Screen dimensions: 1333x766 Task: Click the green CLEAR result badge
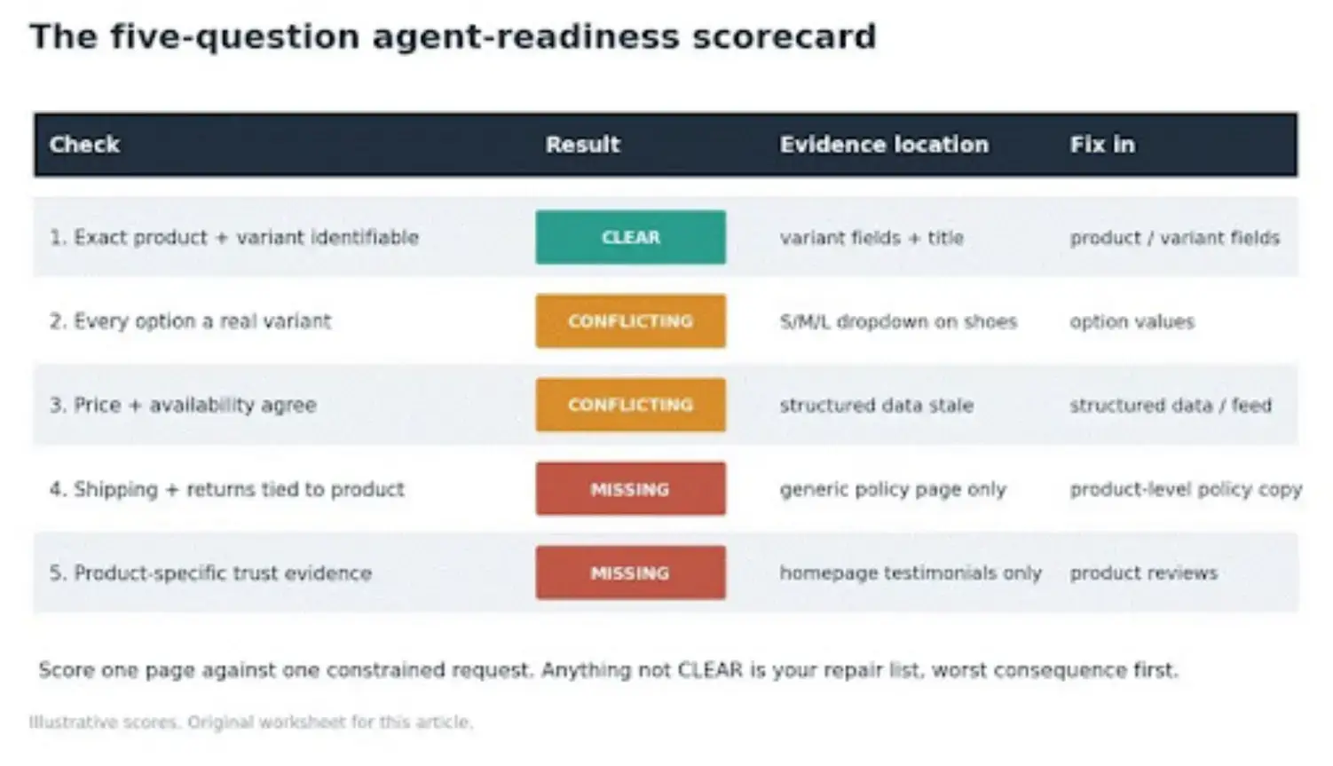pyautogui.click(x=630, y=237)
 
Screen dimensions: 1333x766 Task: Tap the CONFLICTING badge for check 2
pyautogui.click(x=630, y=320)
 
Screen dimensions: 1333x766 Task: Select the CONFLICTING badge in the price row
pyautogui.click(x=630, y=405)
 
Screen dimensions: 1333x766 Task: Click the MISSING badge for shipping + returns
pyautogui.click(x=630, y=489)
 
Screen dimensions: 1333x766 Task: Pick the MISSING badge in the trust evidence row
pyautogui.click(x=630, y=573)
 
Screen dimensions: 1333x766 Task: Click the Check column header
pyautogui.click(x=84, y=145)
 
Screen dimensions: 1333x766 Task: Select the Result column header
pyautogui.click(x=583, y=145)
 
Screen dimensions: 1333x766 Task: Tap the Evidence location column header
pyautogui.click(x=884, y=145)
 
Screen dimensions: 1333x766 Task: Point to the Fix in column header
pyautogui.click(x=1102, y=145)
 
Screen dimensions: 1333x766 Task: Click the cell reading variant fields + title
pyautogui.click(x=872, y=238)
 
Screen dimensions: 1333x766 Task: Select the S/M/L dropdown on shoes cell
pyautogui.click(x=899, y=321)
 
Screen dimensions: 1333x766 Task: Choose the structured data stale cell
pyautogui.click(x=877, y=406)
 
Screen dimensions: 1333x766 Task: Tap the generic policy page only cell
pyautogui.click(x=893, y=489)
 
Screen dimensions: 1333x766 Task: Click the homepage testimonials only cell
pyautogui.click(x=911, y=573)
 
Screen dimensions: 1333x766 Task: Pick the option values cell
pyautogui.click(x=1132, y=321)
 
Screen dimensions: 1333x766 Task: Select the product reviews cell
pyautogui.click(x=1144, y=573)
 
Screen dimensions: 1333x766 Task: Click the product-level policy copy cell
pyautogui.click(x=1186, y=489)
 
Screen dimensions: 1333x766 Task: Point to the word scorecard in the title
pyautogui.click(x=785, y=36)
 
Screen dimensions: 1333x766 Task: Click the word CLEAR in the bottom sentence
pyautogui.click(x=711, y=669)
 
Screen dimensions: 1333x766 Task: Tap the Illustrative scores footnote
pyautogui.click(x=251, y=722)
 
